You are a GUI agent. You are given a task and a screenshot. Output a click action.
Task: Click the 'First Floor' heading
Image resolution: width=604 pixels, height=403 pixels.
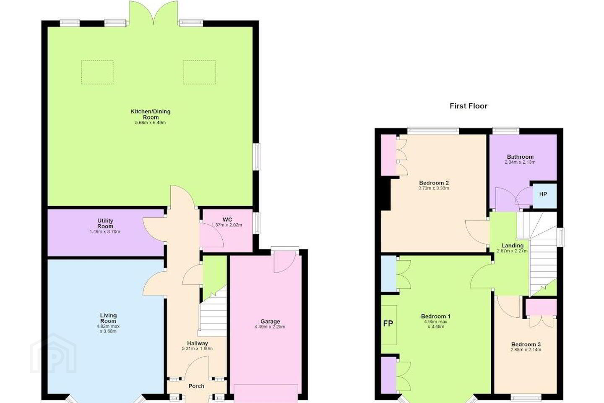click(x=469, y=106)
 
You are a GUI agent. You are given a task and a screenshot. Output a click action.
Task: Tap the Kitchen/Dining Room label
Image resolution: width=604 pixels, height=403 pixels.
click(x=151, y=114)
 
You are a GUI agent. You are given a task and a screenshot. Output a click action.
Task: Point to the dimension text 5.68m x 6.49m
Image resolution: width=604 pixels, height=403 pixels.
click(x=151, y=123)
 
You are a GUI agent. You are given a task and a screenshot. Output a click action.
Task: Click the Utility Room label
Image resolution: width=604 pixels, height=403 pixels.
click(x=105, y=223)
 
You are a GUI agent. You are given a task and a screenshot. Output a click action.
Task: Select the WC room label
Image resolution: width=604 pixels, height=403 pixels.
click(x=227, y=220)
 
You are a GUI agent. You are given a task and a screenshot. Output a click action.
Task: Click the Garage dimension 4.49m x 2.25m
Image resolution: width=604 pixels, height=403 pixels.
click(x=270, y=327)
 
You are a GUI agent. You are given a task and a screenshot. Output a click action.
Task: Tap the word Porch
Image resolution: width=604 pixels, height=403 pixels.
click(x=196, y=386)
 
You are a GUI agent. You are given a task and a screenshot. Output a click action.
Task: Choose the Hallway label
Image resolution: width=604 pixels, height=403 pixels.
click(x=198, y=343)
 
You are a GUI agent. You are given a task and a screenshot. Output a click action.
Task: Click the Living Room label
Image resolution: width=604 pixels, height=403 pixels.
click(x=108, y=318)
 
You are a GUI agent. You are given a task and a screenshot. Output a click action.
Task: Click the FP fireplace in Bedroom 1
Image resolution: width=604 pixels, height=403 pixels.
click(x=388, y=325)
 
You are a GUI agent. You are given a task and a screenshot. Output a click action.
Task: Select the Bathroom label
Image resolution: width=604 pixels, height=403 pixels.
click(x=520, y=157)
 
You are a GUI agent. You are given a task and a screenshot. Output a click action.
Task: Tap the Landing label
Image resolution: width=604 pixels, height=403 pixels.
click(x=512, y=246)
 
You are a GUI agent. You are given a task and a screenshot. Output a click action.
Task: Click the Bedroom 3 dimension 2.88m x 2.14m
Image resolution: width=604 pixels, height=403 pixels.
click(x=526, y=350)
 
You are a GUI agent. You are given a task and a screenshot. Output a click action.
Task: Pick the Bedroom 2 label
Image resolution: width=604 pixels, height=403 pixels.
click(x=434, y=183)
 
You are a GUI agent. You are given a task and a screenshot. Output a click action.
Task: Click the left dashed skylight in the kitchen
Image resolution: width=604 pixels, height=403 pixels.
click(x=97, y=72)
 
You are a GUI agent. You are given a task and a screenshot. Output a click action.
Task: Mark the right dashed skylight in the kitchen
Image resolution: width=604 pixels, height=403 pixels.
click(x=200, y=72)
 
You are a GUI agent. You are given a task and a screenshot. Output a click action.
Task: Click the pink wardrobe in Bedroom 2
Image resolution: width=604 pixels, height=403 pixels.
click(x=388, y=155)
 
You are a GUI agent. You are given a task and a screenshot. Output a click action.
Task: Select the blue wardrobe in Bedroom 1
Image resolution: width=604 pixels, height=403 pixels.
click(x=388, y=274)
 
